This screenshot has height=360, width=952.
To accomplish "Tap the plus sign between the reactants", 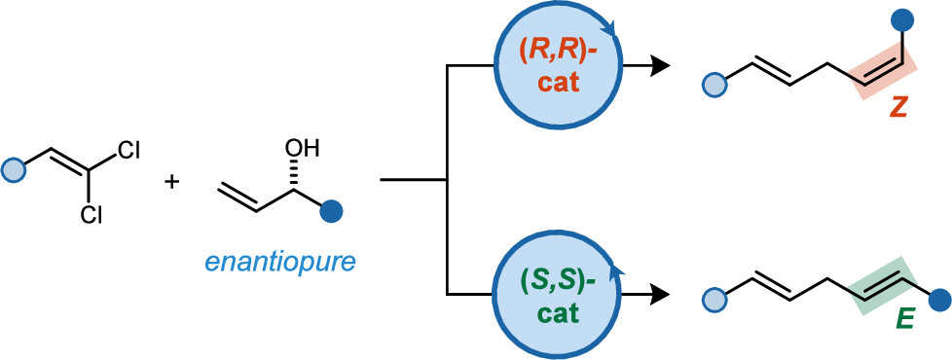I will [172, 182].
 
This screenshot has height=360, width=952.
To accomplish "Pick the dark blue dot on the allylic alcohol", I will [332, 208].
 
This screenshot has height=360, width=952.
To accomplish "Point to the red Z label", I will [898, 112].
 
